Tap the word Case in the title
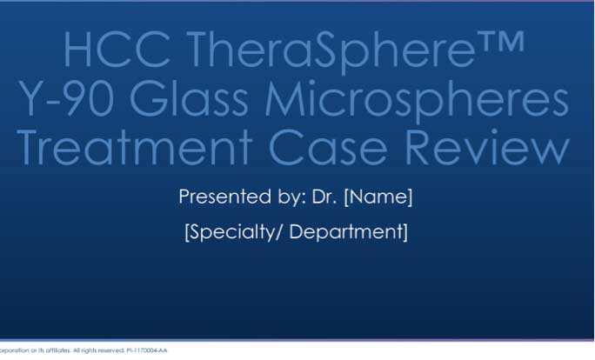point(333,149)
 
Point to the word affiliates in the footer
point(51,350)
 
